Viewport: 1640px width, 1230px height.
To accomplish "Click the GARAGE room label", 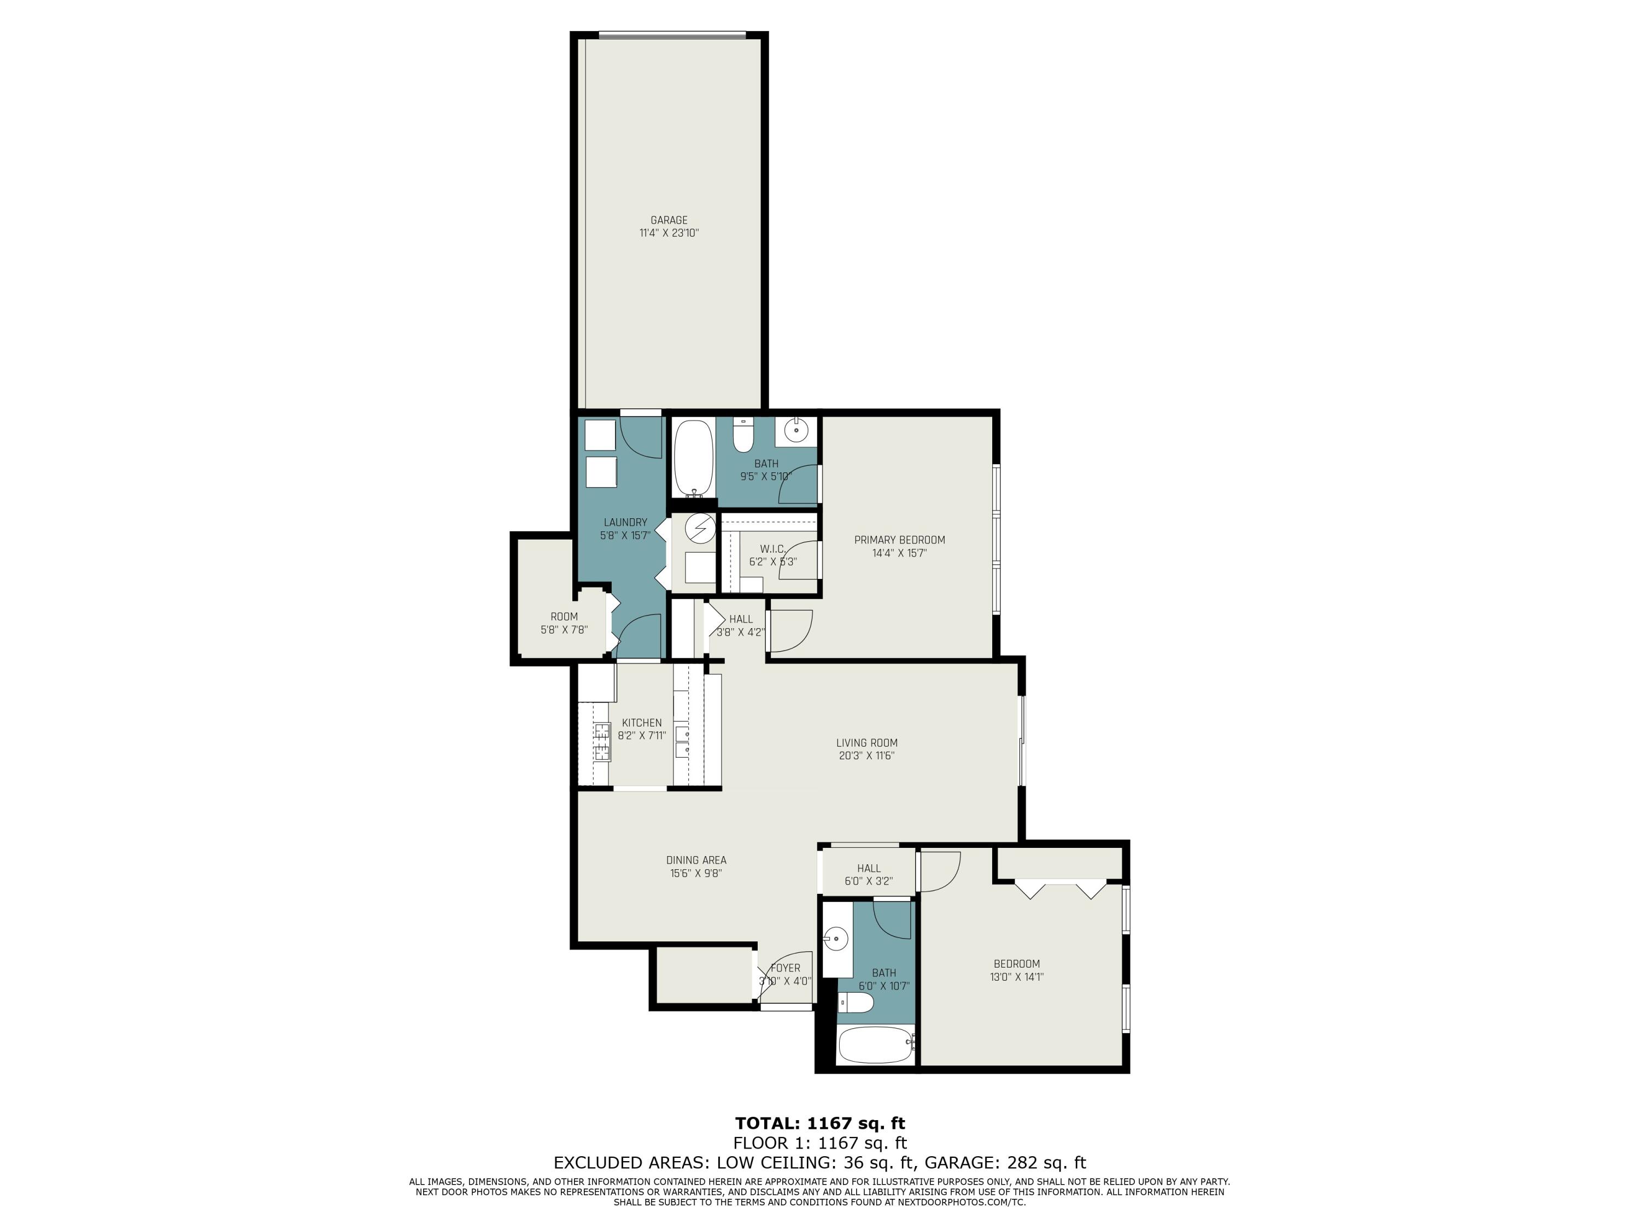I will (669, 220).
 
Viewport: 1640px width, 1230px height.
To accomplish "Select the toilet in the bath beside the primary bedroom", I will (743, 436).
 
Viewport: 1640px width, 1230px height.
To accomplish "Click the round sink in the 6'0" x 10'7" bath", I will (835, 939).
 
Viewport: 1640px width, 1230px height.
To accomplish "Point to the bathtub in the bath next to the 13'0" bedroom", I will (874, 1045).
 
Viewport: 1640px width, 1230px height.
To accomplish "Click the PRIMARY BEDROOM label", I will (899, 540).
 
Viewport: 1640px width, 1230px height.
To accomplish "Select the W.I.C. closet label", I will (772, 549).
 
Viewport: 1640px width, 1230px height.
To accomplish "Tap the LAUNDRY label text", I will (625, 522).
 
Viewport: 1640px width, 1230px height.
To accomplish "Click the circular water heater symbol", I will (699, 529).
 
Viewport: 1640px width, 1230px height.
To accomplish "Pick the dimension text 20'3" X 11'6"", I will (866, 755).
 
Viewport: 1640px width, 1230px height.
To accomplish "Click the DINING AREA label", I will (695, 860).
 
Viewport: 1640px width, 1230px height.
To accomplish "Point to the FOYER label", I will (785, 968).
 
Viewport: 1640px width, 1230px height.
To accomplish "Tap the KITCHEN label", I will (641, 723).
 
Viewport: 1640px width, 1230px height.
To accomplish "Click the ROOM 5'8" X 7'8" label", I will (564, 617).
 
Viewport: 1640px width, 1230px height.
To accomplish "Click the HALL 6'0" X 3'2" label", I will (868, 868).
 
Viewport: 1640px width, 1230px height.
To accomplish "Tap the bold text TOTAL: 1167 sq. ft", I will (820, 1123).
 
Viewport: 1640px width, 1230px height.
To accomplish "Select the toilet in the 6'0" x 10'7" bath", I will (856, 1003).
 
